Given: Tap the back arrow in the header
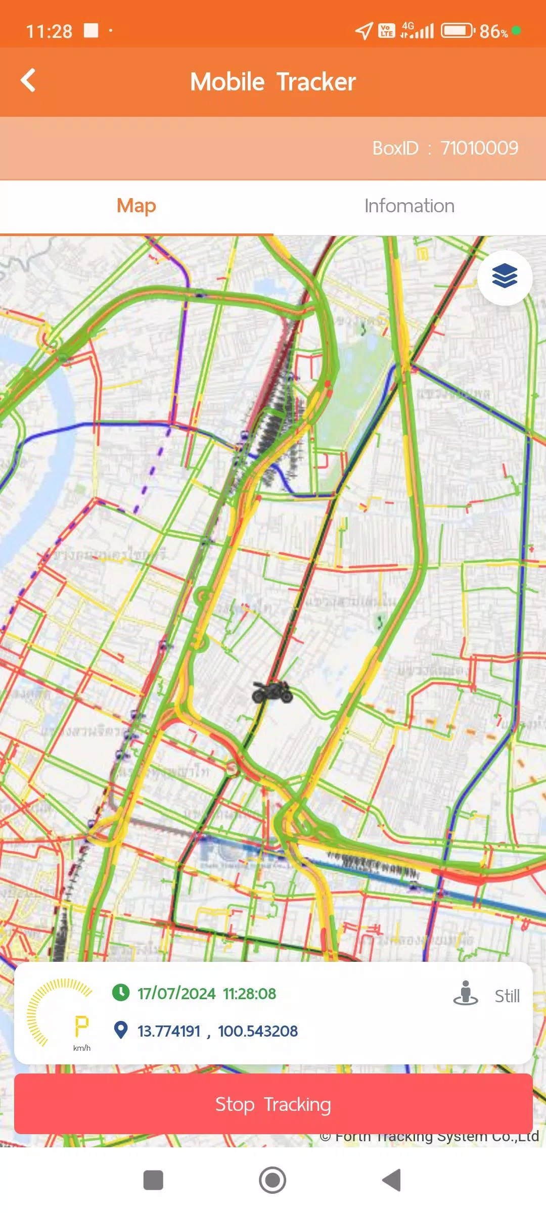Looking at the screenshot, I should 28,81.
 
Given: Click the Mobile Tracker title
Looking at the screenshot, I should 273,82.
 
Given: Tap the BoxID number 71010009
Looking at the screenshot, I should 479,148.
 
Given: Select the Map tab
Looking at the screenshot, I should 136,206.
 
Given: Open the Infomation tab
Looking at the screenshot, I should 409,206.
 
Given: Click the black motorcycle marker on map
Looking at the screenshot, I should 272,692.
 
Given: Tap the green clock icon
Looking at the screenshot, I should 120,992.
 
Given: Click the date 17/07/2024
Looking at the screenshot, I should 176,994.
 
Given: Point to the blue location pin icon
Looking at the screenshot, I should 120,1030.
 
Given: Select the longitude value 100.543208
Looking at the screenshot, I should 257,1031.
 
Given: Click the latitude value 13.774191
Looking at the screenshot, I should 169,1031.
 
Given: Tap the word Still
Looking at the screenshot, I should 507,996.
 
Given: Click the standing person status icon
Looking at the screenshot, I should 466,993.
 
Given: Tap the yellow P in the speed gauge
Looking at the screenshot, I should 81,1026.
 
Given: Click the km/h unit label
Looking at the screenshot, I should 81,1048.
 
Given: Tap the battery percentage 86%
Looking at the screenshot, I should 493,31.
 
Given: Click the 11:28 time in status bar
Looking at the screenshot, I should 49,31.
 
